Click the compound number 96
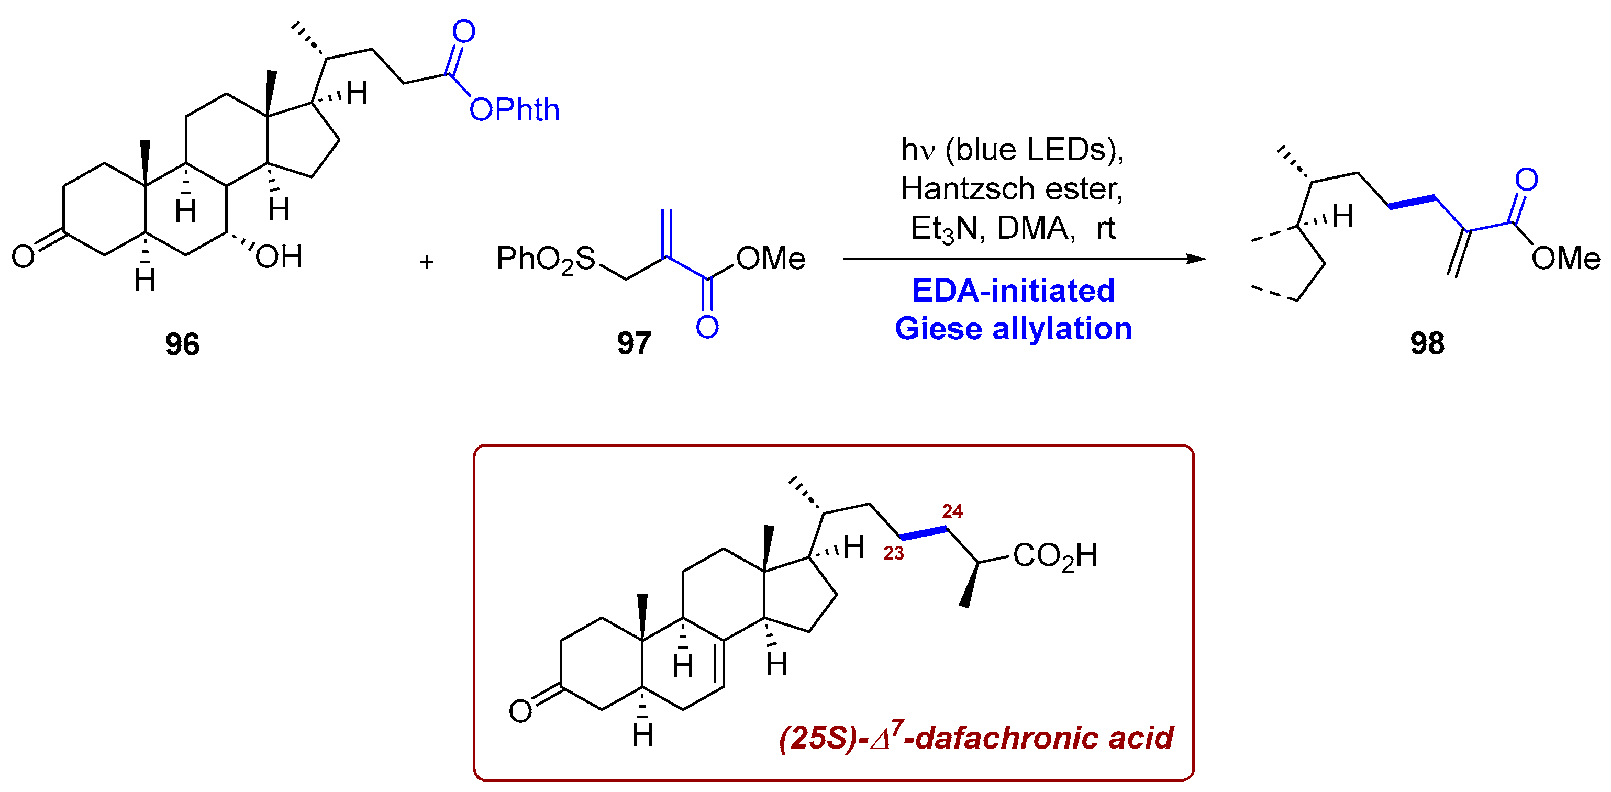pos(182,344)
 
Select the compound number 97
pos(634,343)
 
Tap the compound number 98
pos(1427,343)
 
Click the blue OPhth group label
pos(514,110)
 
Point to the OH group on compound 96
pos(279,257)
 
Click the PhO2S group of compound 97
pos(546,259)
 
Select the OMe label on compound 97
pos(771,258)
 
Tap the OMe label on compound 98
pos(1565,258)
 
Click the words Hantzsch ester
pos(1011,188)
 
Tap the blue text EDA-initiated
pos(1013,291)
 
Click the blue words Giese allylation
pos(1013,329)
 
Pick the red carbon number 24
pos(952,511)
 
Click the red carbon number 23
pos(893,553)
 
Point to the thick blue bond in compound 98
pos(1412,202)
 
